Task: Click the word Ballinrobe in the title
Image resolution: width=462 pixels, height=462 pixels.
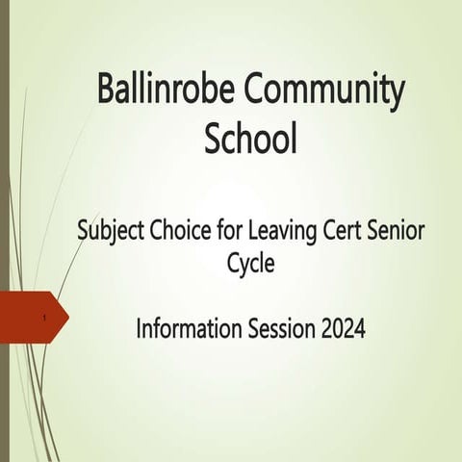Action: click(x=167, y=91)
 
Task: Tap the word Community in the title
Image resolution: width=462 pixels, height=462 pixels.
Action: click(x=324, y=91)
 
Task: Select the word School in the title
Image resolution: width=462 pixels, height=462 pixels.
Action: click(x=250, y=140)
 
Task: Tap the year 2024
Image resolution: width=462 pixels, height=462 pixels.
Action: click(x=341, y=328)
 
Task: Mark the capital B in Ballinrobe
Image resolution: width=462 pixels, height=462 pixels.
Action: click(x=108, y=91)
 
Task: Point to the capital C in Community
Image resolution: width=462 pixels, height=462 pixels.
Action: click(x=258, y=91)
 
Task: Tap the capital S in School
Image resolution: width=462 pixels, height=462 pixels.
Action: click(x=214, y=140)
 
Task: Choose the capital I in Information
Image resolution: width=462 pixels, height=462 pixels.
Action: click(x=140, y=328)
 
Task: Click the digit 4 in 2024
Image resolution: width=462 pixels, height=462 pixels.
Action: click(x=358, y=328)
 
